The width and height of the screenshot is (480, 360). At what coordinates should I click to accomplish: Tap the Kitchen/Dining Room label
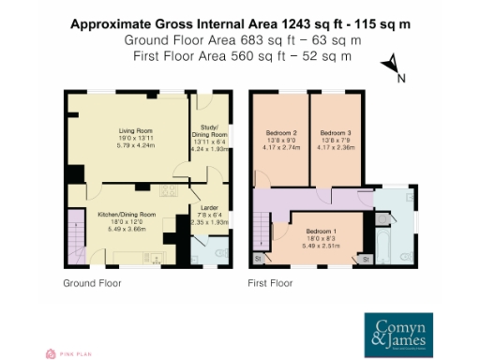[127, 215]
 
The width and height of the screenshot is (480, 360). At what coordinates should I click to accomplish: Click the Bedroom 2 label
[281, 133]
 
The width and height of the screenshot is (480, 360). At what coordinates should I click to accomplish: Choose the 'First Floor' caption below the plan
[271, 282]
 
